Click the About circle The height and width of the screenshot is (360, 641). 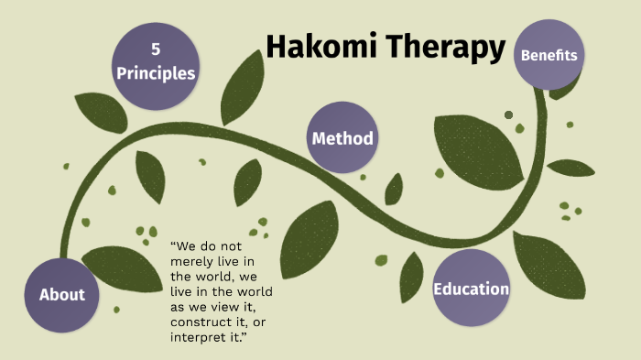pyautogui.click(x=61, y=294)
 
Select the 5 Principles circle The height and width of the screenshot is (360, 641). pyautogui.click(x=156, y=62)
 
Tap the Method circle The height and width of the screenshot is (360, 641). pyautogui.click(x=342, y=138)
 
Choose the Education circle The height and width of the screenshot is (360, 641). pyautogui.click(x=471, y=289)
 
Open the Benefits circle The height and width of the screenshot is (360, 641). pyautogui.click(x=549, y=54)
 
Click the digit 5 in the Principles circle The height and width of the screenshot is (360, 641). pyautogui.click(x=156, y=49)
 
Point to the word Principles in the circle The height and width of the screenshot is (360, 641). pyautogui.click(x=156, y=73)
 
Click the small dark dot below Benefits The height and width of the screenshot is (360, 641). pyautogui.click(x=509, y=115)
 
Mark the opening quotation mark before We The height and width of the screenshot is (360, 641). pyautogui.click(x=174, y=245)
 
